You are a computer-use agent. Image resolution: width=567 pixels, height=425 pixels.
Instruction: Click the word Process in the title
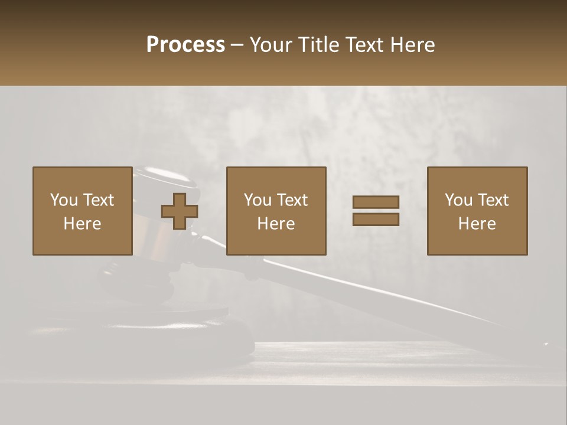click(185, 45)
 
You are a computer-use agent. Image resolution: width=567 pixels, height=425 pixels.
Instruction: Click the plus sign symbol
click(180, 211)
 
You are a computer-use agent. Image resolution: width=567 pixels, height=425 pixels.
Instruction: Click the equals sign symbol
click(376, 211)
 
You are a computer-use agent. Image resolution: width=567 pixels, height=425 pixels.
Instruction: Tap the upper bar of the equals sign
click(376, 202)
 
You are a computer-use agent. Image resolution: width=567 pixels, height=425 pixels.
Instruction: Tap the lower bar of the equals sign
click(376, 220)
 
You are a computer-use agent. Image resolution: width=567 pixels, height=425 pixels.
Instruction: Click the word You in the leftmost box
click(64, 200)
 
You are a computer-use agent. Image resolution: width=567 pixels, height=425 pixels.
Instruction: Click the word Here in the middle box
click(276, 224)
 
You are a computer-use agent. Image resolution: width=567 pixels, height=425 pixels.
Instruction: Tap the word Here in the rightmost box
click(477, 224)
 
